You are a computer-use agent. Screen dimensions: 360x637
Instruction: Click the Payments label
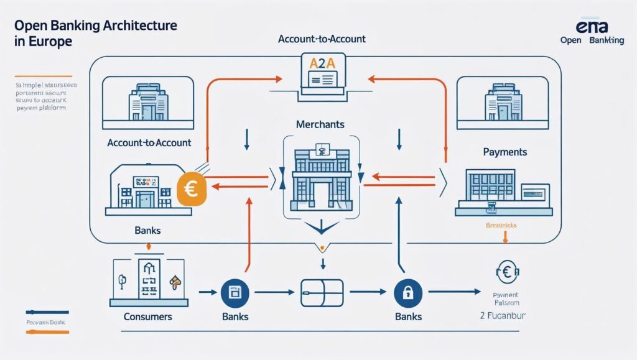click(x=504, y=152)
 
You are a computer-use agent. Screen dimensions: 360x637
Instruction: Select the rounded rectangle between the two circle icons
click(x=322, y=291)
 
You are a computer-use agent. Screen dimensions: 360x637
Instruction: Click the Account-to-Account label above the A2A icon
click(x=322, y=39)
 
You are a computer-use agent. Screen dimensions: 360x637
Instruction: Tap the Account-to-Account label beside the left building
click(x=149, y=142)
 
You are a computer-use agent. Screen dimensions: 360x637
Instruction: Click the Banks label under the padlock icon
click(x=408, y=316)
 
